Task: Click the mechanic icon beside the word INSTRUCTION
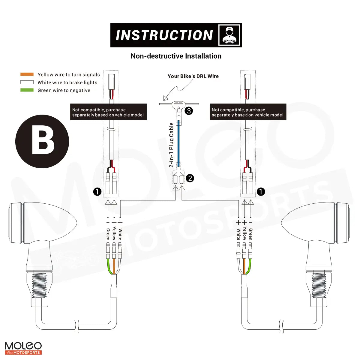pyautogui.click(x=229, y=35)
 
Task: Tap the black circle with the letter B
pyautogui.click(x=42, y=142)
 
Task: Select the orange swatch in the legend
pyautogui.click(x=27, y=74)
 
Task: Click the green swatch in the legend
pyautogui.click(x=27, y=90)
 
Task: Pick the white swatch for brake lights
pyautogui.click(x=27, y=82)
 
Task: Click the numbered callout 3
pyautogui.click(x=189, y=111)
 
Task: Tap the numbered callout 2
pyautogui.click(x=190, y=178)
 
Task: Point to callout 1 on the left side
pyautogui.click(x=97, y=191)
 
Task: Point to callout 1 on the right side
pyautogui.click(x=261, y=191)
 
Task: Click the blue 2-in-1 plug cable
pyautogui.click(x=178, y=141)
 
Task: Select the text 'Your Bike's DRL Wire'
pyautogui.click(x=193, y=76)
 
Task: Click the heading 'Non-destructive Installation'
pyautogui.click(x=176, y=56)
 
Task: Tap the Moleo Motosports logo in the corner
pyautogui.click(x=23, y=348)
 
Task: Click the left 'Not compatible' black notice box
pyautogui.click(x=108, y=112)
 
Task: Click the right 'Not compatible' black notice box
pyautogui.click(x=248, y=112)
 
